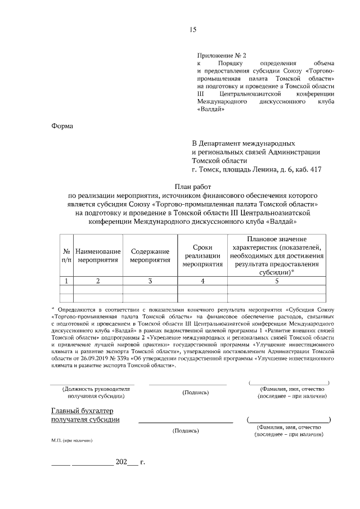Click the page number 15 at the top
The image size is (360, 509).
click(193, 30)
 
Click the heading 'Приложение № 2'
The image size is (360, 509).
click(222, 55)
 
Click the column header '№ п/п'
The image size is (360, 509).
click(66, 255)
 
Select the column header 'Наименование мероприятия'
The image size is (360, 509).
click(98, 255)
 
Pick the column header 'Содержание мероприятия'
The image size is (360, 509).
click(150, 255)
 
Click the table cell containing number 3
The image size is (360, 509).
click(150, 281)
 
